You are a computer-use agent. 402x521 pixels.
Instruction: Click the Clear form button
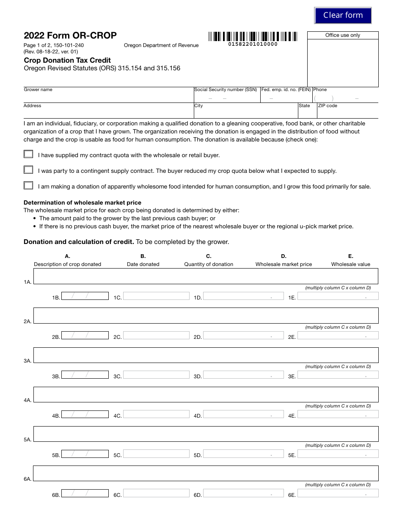[x=343, y=15]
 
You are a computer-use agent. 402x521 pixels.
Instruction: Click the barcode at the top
[x=253, y=36]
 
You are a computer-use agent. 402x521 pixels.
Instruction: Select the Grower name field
[x=108, y=97]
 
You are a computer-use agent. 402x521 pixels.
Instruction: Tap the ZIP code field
[x=347, y=113]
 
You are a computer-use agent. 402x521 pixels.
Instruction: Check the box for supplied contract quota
[x=28, y=154]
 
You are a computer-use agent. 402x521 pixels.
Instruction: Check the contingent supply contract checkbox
[x=28, y=170]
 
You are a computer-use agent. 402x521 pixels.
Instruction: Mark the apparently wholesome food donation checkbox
[x=28, y=186]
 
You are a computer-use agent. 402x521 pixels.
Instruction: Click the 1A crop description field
[x=206, y=276]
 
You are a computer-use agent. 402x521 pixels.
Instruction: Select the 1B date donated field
[x=85, y=296]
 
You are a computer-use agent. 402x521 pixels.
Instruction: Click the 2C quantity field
[x=156, y=335]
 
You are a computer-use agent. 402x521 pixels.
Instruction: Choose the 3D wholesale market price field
[x=243, y=375]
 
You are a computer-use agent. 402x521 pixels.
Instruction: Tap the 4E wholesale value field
[x=338, y=414]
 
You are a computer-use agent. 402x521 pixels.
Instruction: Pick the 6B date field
[x=85, y=493]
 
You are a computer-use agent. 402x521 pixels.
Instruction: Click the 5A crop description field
[x=206, y=434]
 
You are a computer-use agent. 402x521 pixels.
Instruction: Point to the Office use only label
[x=343, y=35]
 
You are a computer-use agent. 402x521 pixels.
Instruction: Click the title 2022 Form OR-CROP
[x=70, y=36]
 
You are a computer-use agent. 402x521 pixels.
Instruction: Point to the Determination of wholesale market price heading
[x=83, y=202]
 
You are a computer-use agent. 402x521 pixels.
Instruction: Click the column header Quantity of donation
[x=209, y=264]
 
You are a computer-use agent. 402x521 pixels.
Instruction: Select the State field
[x=308, y=113]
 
